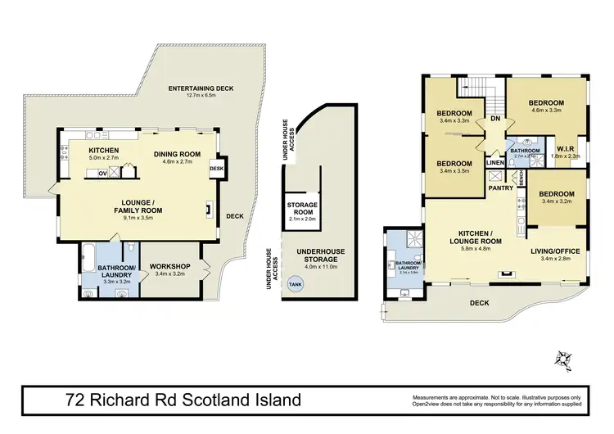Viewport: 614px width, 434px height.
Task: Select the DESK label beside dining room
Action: coord(216,169)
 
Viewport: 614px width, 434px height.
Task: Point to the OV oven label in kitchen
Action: coord(103,173)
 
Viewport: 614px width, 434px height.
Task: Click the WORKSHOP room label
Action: coord(170,266)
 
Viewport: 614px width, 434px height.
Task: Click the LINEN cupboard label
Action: coord(494,163)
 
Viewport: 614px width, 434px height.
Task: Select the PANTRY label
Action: coord(500,188)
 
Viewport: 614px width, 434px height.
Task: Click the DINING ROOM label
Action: coord(177,153)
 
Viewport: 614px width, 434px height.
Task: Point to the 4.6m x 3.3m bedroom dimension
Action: coord(548,111)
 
